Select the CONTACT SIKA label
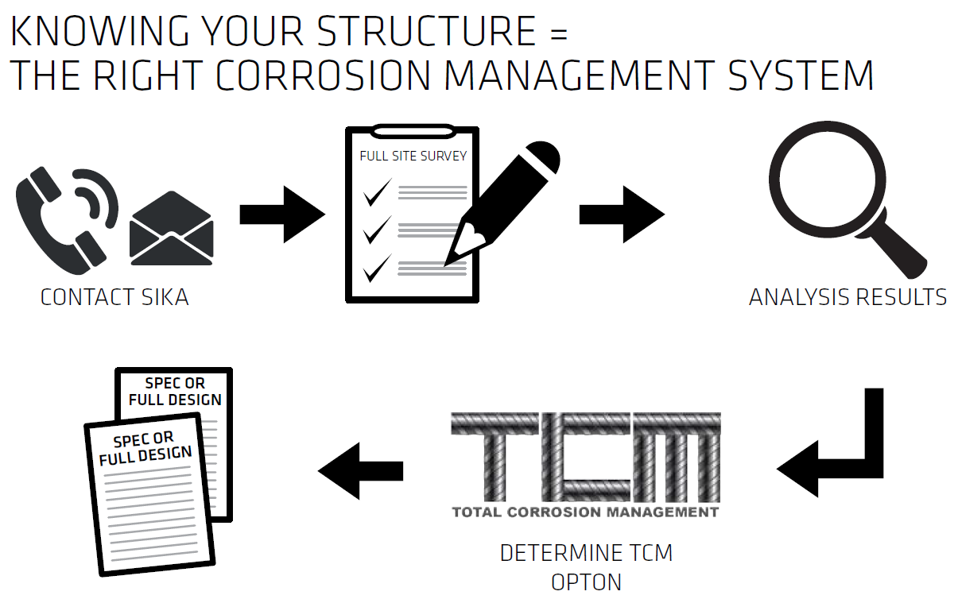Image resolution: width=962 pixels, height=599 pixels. [x=114, y=298]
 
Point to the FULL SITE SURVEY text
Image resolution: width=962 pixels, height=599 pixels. [x=413, y=156]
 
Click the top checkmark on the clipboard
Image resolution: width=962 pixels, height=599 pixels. [x=376, y=191]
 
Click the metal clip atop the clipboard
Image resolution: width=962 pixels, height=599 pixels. [x=412, y=129]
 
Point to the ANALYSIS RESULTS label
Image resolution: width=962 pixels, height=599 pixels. [x=848, y=298]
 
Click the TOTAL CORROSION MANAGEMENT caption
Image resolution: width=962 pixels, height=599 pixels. [x=585, y=512]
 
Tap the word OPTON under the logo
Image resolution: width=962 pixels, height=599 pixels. [x=586, y=582]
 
